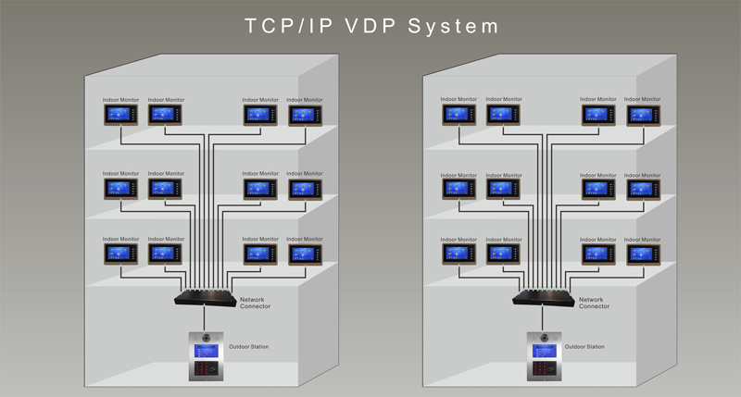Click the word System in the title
(x=453, y=27)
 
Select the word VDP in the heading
(x=370, y=26)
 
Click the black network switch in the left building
(x=205, y=297)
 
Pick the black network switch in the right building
(x=544, y=297)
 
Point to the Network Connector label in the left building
(x=256, y=303)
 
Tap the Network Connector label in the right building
(x=594, y=303)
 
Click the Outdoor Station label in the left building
(x=248, y=346)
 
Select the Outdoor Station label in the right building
(x=584, y=346)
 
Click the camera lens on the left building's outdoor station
(x=206, y=338)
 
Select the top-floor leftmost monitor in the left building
(x=121, y=115)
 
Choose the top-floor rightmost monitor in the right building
(x=644, y=115)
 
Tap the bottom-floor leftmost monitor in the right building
(x=458, y=254)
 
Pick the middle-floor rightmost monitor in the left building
(x=306, y=190)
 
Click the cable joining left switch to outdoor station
(x=205, y=319)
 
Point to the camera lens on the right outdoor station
(x=545, y=338)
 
